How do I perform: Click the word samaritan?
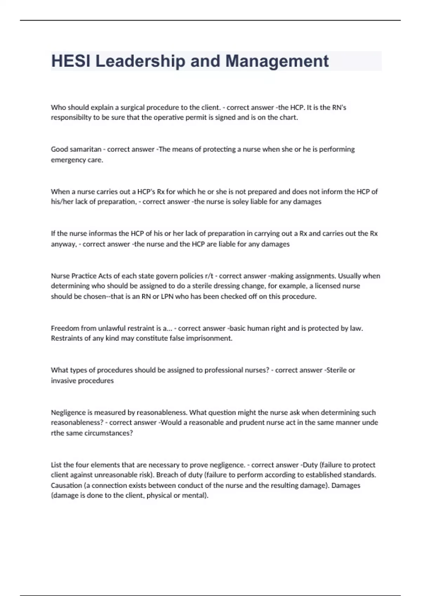point(85,149)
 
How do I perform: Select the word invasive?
point(64,381)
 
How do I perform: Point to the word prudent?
point(250,422)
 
